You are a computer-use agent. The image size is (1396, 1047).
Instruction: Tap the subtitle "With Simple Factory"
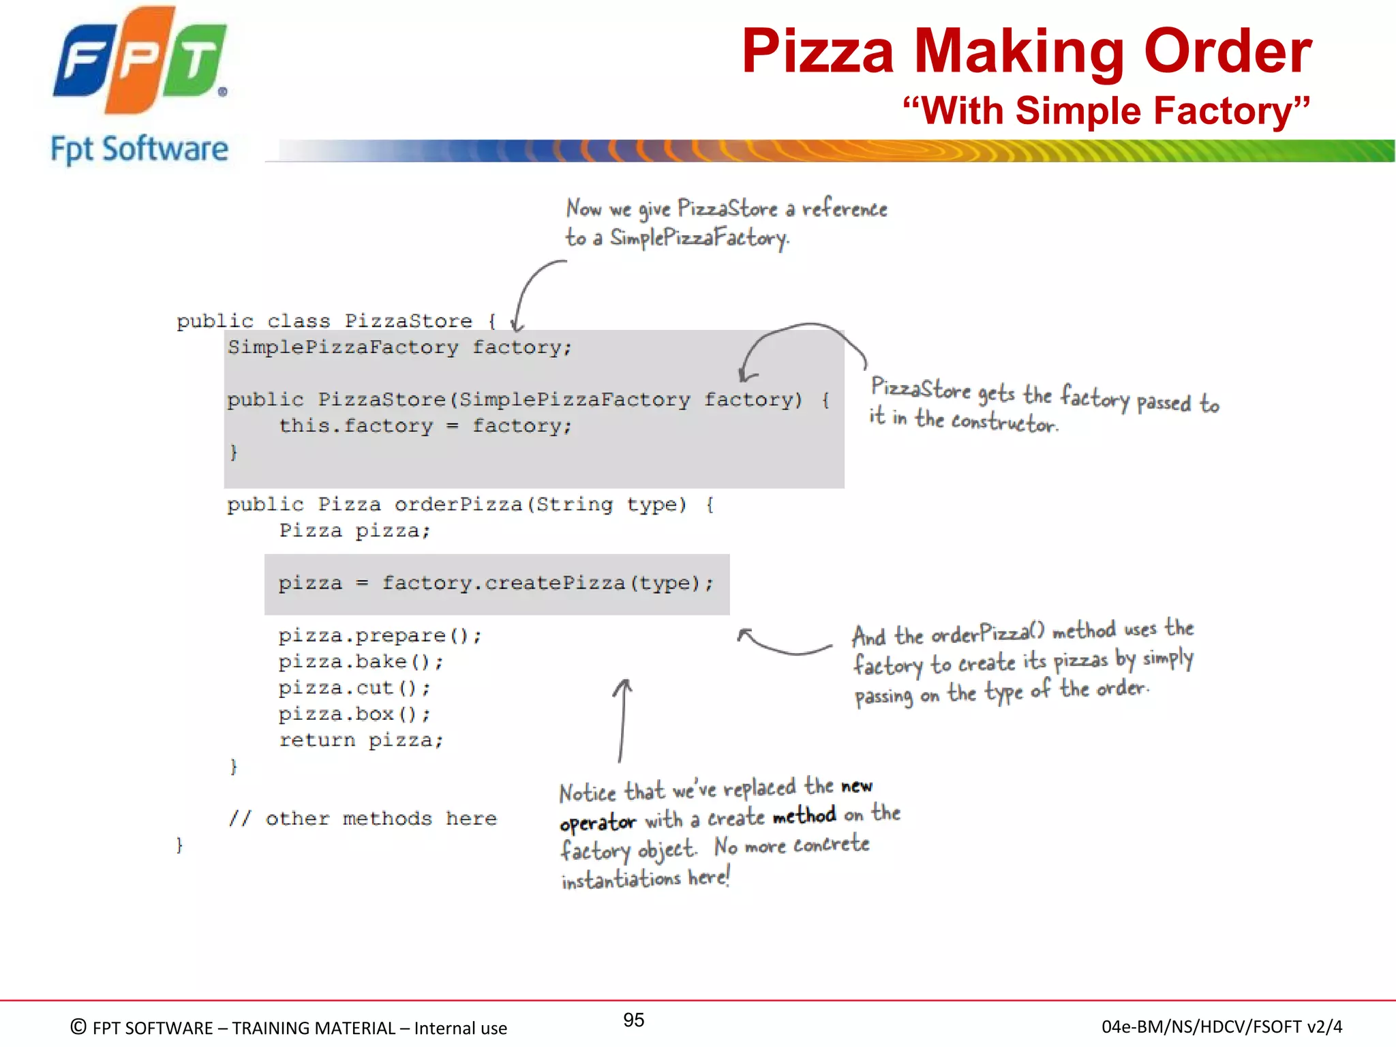(1106, 110)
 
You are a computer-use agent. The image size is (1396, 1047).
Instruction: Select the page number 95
(633, 1020)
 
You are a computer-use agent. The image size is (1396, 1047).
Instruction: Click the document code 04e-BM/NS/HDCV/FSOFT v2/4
(1221, 1027)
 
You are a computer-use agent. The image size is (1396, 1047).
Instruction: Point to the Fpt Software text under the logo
(140, 149)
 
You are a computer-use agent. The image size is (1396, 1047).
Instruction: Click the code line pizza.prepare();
(380, 636)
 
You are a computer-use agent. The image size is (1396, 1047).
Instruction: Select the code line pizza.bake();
(361, 662)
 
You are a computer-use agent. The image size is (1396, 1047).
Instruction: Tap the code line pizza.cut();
(354, 688)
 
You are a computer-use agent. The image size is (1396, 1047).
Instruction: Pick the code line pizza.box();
(354, 714)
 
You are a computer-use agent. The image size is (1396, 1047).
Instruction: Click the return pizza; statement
(361, 740)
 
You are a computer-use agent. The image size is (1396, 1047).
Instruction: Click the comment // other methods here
(363, 819)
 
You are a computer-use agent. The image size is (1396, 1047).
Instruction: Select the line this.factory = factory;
(425, 426)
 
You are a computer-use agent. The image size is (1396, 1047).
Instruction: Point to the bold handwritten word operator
(597, 823)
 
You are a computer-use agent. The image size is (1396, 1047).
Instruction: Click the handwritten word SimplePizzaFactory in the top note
(699, 238)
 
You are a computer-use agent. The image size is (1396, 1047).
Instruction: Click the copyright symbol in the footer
(78, 1027)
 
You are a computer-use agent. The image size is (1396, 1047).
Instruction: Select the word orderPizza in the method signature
(458, 505)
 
